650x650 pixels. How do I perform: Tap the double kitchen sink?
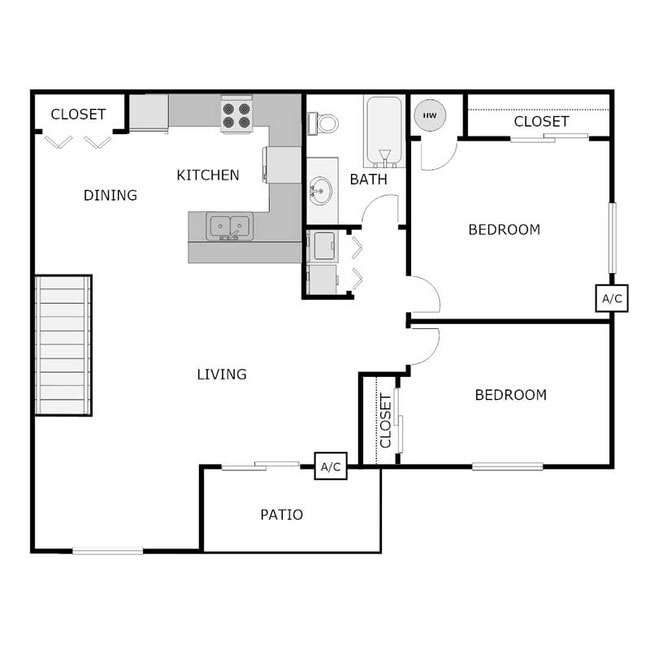tap(229, 227)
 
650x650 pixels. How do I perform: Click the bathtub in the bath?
tap(384, 130)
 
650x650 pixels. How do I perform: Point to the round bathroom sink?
tap(320, 189)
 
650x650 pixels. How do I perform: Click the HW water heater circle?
tap(429, 116)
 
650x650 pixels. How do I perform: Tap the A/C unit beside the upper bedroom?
tap(611, 298)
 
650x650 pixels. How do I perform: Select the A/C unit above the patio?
tap(331, 466)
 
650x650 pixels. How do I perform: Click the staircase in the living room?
tap(63, 345)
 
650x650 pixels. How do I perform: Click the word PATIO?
tap(282, 515)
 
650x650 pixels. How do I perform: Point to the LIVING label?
tap(221, 375)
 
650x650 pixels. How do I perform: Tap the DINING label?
tap(110, 195)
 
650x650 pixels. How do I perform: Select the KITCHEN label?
tap(208, 175)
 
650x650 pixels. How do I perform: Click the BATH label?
tap(368, 180)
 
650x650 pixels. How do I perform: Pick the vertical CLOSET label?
tap(386, 421)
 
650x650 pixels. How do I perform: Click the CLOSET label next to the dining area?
tap(78, 114)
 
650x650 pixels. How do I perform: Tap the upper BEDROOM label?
tap(504, 229)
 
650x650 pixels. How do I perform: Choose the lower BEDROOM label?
tap(510, 395)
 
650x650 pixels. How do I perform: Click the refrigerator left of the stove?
tap(149, 112)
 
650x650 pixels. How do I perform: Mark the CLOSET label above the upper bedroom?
tap(541, 121)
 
